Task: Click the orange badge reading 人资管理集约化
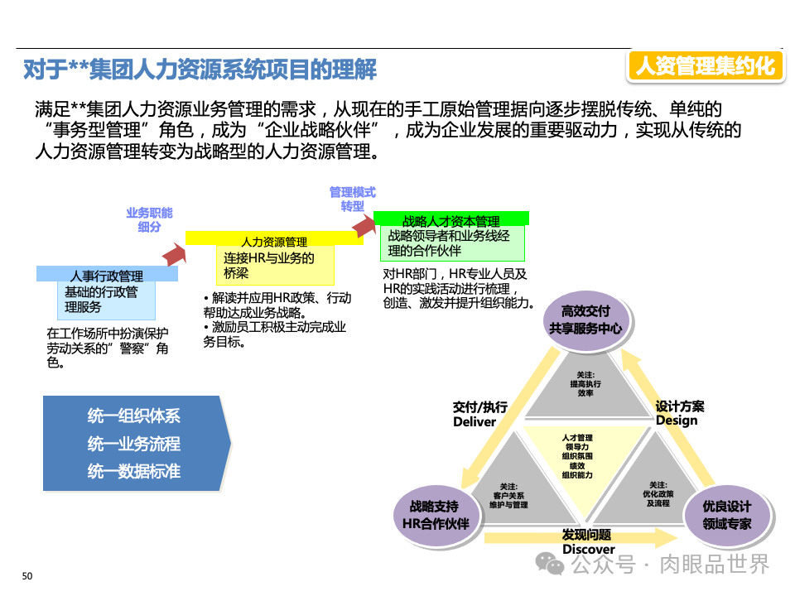[x=705, y=65]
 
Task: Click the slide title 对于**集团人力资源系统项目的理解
[x=200, y=70]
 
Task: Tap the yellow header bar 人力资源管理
[x=274, y=240]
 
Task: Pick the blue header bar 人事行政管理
[x=107, y=275]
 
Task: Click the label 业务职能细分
[x=149, y=219]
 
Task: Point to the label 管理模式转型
[x=352, y=199]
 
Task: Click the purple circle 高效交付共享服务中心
[x=585, y=320]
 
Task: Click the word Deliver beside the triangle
[x=475, y=421]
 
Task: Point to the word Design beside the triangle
[x=677, y=420]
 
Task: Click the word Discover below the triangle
[x=588, y=549]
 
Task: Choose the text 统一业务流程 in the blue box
[x=133, y=445]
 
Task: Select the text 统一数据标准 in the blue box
[x=133, y=472]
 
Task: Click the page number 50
[x=26, y=576]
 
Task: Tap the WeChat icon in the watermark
[x=550, y=563]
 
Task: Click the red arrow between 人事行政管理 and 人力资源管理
[x=174, y=253]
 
